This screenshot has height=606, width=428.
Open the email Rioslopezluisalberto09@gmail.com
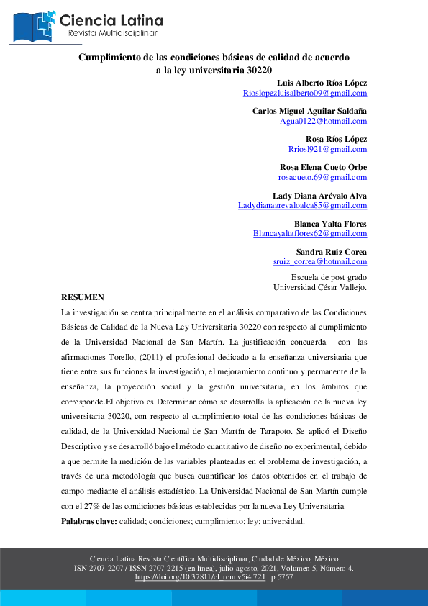(x=305, y=93)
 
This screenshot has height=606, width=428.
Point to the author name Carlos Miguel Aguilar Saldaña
(x=309, y=111)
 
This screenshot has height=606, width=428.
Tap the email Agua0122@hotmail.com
(x=323, y=121)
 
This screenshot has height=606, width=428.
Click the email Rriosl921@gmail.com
(x=327, y=149)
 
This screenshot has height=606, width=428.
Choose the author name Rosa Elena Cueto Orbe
(x=323, y=167)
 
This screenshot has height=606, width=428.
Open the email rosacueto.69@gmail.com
(x=322, y=177)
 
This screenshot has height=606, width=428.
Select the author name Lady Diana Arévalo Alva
(x=319, y=195)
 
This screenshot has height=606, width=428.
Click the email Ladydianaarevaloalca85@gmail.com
(x=302, y=205)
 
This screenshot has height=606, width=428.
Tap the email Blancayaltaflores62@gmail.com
(x=310, y=234)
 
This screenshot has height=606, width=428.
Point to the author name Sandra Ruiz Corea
(x=332, y=252)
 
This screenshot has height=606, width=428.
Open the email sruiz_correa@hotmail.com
(x=319, y=262)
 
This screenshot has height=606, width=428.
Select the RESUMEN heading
(x=83, y=297)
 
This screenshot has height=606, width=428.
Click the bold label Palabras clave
(x=88, y=520)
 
